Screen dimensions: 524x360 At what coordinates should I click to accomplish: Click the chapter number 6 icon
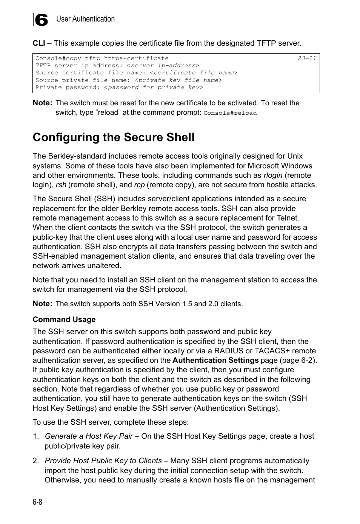41,20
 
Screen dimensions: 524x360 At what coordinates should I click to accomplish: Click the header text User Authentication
85,19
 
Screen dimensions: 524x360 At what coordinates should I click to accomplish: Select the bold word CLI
39,43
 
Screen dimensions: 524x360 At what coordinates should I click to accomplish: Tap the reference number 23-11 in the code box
306,58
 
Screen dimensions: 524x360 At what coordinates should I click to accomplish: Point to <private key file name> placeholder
178,80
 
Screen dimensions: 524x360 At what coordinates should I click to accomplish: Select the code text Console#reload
230,113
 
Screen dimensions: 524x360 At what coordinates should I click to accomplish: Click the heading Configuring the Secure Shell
114,137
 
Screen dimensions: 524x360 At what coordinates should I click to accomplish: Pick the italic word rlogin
273,175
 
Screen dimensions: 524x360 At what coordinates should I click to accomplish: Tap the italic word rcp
139,185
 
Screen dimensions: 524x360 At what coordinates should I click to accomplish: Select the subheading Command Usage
64,319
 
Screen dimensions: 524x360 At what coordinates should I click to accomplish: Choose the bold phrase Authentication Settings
215,360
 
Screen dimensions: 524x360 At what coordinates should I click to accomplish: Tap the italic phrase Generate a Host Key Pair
89,436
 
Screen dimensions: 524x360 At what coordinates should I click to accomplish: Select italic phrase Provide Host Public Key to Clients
103,461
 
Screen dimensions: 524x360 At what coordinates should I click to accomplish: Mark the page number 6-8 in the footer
37,502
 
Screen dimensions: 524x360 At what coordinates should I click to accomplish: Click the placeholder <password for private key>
153,87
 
